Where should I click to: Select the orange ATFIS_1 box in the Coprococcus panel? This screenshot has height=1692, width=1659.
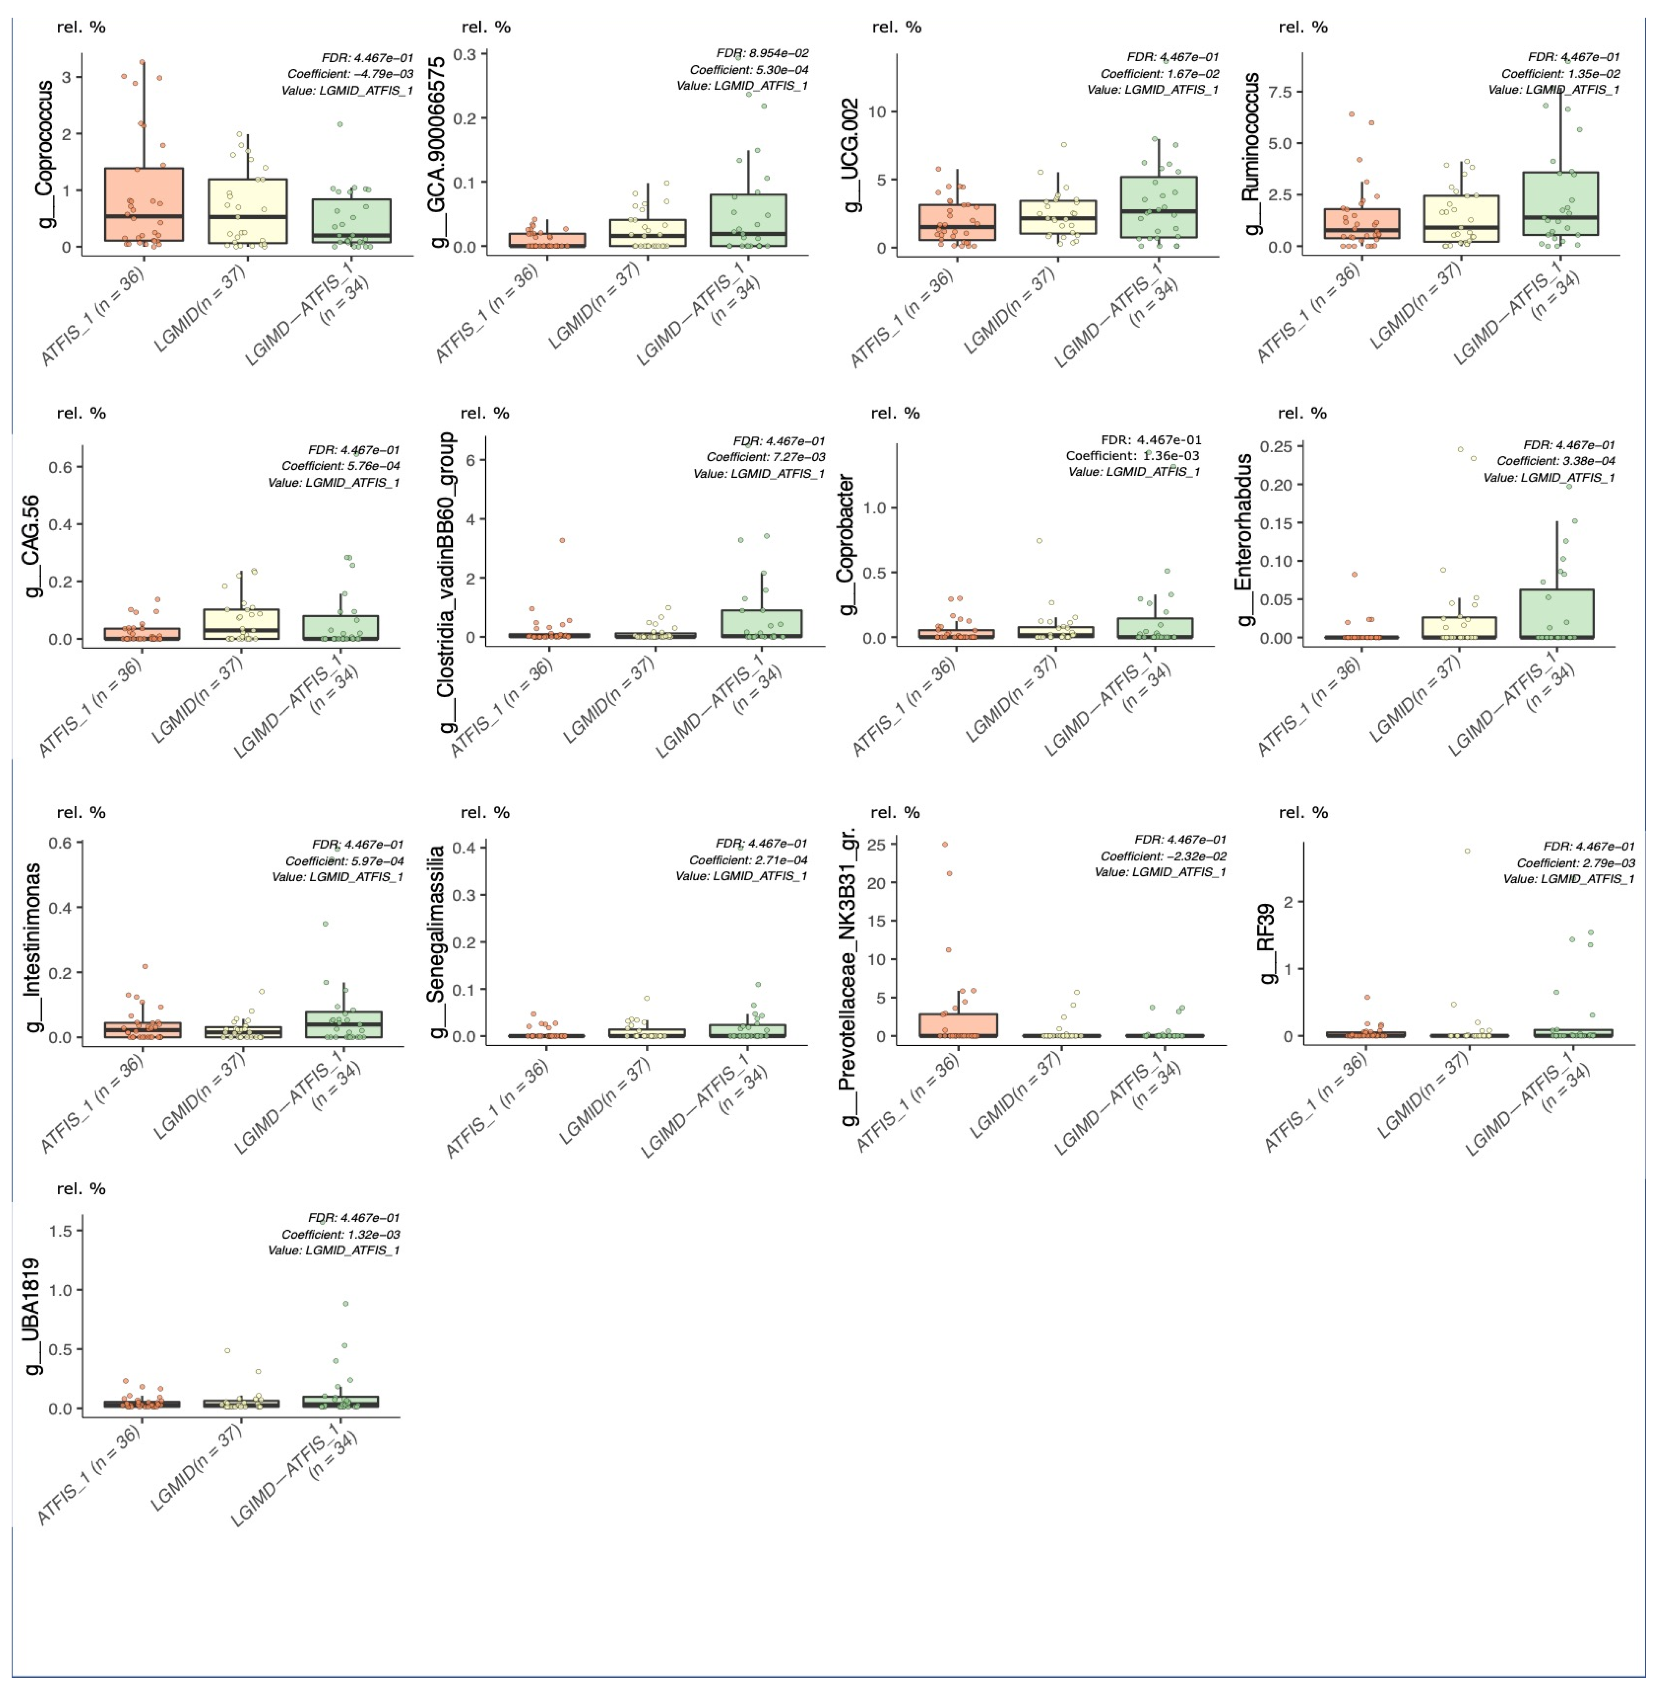144,204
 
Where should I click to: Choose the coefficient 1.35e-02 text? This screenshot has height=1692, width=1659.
1560,74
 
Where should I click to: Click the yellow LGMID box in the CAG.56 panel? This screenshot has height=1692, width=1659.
241,624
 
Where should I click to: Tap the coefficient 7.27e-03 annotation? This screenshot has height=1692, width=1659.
765,457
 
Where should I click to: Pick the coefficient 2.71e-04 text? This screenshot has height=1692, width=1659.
748,859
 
